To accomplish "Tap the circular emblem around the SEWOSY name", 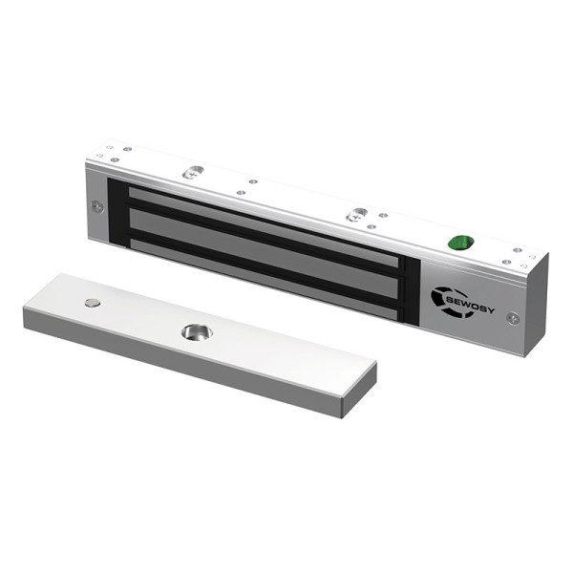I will (x=442, y=297).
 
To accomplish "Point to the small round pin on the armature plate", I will (x=92, y=304).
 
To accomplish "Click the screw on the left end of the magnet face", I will (x=97, y=205).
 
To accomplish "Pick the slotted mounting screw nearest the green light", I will (x=357, y=216).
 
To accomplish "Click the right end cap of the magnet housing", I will (x=536, y=306).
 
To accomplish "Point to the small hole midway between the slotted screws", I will (x=252, y=181).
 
